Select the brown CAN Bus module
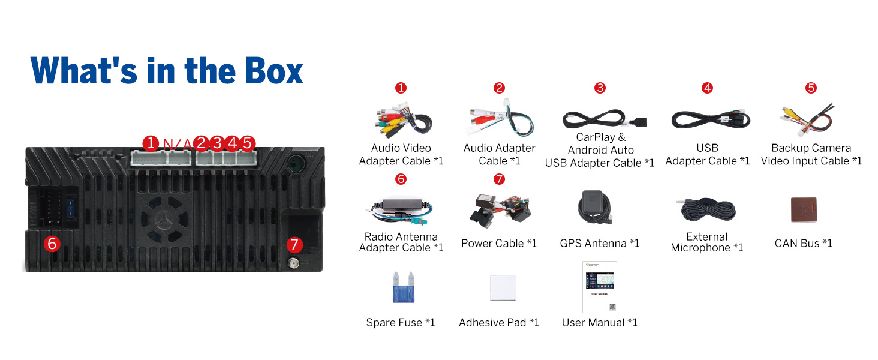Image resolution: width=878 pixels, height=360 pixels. pyautogui.click(x=804, y=209)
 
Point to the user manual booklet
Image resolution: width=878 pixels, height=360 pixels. pyautogui.click(x=599, y=287)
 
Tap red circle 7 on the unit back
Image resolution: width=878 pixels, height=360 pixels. pyautogui.click(x=293, y=244)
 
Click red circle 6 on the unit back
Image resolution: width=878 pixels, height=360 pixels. pyautogui.click(x=52, y=244)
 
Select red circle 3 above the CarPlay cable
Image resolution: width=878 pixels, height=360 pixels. pyautogui.click(x=600, y=88)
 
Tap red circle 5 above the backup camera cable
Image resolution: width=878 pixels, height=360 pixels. pyautogui.click(x=811, y=88)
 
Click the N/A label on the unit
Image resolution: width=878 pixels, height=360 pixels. pyautogui.click(x=178, y=143)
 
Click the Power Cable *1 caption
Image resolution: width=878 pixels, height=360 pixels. pyautogui.click(x=499, y=243)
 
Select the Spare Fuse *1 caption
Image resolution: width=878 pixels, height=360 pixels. pyautogui.click(x=401, y=323)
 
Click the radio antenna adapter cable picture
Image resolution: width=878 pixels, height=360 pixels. pyautogui.click(x=400, y=209)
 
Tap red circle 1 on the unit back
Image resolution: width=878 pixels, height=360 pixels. pyautogui.click(x=150, y=143)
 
